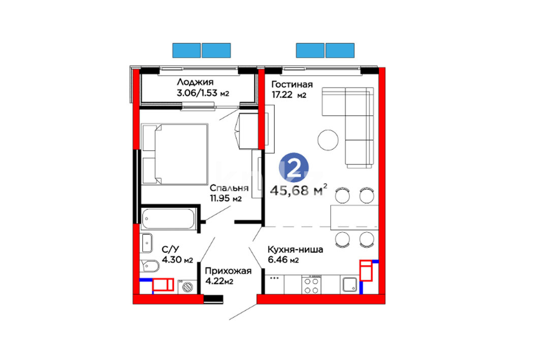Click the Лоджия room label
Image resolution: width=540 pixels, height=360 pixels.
pyautogui.click(x=195, y=82)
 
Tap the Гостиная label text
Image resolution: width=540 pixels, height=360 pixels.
pyautogui.click(x=292, y=84)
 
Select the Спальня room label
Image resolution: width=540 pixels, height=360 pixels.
pyautogui.click(x=229, y=188)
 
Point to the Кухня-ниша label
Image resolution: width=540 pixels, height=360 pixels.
pyautogui.click(x=296, y=249)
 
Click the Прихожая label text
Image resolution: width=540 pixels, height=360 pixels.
pyautogui.click(x=228, y=271)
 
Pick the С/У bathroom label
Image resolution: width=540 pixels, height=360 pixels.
pyautogui.click(x=171, y=249)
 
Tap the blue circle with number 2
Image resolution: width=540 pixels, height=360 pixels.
pyautogui.click(x=294, y=168)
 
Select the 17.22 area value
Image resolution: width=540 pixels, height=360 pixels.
pyautogui.click(x=282, y=94)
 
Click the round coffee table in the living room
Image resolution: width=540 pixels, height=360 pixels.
pyautogui.click(x=328, y=140)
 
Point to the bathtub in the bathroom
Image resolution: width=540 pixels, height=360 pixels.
pyautogui.click(x=168, y=219)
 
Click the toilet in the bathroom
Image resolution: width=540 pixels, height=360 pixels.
pyautogui.click(x=150, y=266)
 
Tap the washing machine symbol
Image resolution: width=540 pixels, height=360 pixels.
pyautogui.click(x=187, y=287)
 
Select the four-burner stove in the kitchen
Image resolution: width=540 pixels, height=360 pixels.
pyautogui.click(x=312, y=285)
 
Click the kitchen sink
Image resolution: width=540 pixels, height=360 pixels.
pyautogui.click(x=350, y=285)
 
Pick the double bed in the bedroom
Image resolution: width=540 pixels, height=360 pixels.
pyautogui.click(x=175, y=154)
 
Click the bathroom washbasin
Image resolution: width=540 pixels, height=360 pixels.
pyautogui.click(x=147, y=243)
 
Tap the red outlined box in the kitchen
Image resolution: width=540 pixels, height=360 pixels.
pyautogui.click(x=366, y=271)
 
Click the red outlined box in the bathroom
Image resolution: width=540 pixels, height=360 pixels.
pyautogui.click(x=163, y=285)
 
